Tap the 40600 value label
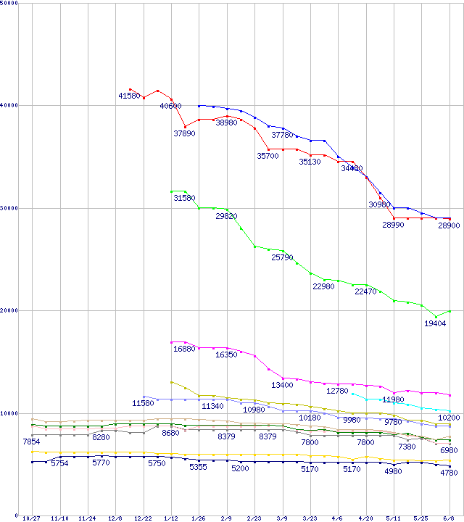(170, 106)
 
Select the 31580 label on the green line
(185, 198)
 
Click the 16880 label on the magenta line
(184, 349)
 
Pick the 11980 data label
(392, 399)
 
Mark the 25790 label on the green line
(282, 257)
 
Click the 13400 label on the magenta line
(282, 385)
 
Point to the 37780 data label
(282, 135)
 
